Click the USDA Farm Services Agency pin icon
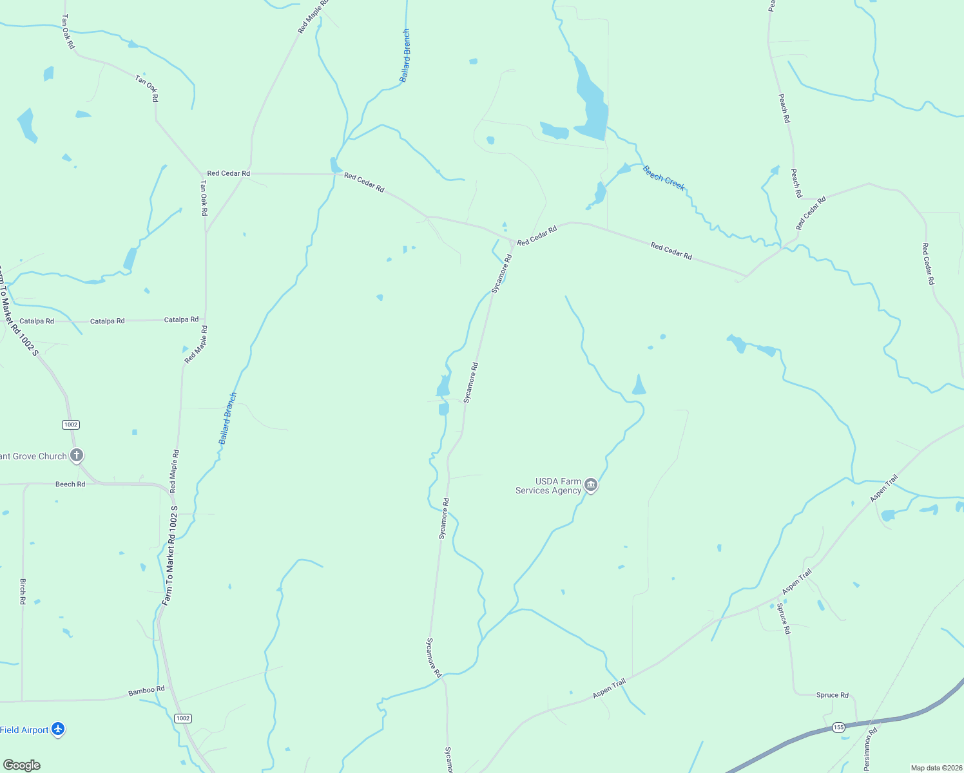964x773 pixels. [591, 485]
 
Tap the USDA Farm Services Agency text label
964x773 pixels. [548, 486]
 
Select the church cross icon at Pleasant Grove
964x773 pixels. [77, 455]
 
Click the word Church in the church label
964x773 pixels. [52, 456]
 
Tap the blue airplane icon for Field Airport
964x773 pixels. [58, 729]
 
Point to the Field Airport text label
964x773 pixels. [24, 730]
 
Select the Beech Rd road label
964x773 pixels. [70, 484]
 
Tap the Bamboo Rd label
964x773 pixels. [146, 690]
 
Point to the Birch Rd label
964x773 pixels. [23, 591]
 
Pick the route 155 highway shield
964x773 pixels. [838, 727]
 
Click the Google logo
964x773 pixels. [21, 765]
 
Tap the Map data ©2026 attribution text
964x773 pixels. [935, 768]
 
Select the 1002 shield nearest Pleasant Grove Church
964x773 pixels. [71, 425]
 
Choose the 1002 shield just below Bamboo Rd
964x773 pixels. [183, 718]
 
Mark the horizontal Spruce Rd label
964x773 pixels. [832, 695]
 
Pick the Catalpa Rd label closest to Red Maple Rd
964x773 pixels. [181, 320]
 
